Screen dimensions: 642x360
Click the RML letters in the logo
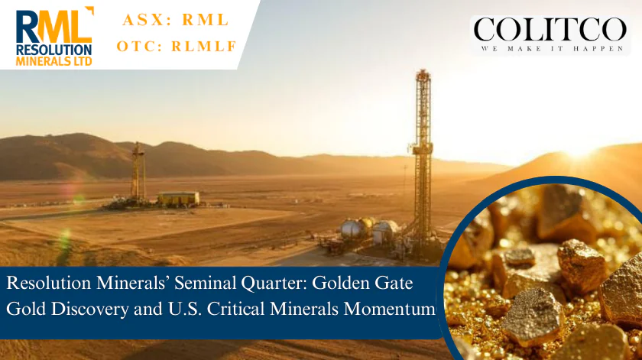(54, 26)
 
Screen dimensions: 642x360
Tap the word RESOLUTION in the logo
(53, 50)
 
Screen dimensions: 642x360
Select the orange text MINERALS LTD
(53, 61)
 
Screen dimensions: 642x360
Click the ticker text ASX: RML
(176, 20)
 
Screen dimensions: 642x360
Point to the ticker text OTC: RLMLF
(177, 47)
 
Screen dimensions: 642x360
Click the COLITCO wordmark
(550, 30)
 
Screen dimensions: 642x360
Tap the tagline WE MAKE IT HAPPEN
(553, 49)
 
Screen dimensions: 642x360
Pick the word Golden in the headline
(342, 283)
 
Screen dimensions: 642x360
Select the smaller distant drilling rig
(138, 171)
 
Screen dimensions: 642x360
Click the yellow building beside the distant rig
(179, 199)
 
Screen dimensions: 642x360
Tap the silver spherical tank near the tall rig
(351, 229)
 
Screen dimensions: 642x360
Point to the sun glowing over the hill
(579, 152)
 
